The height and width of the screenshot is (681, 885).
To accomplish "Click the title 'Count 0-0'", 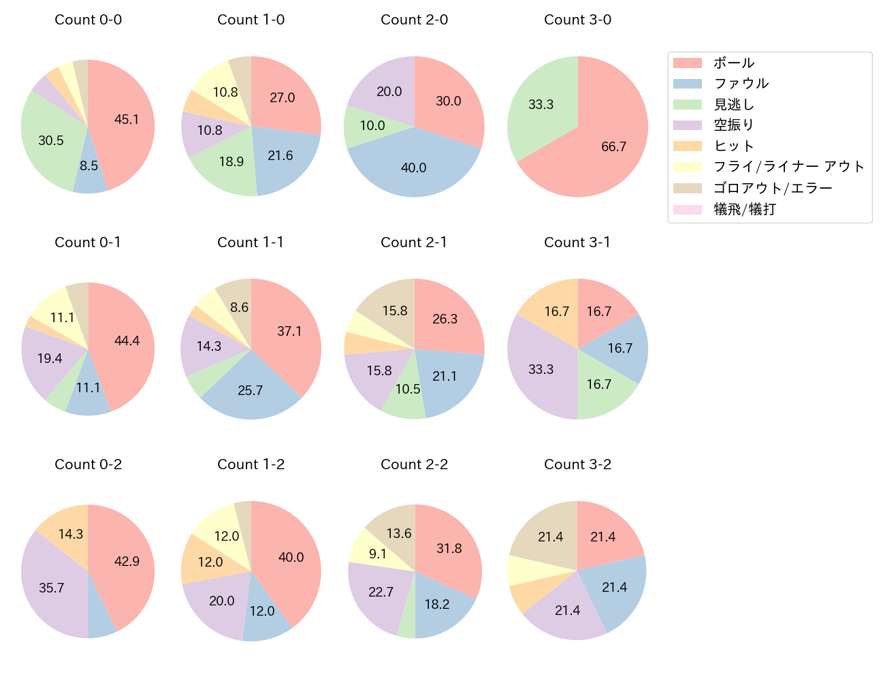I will [88, 20].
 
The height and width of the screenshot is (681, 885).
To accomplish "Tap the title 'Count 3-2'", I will [577, 464].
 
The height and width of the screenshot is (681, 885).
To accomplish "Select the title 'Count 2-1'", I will [414, 242].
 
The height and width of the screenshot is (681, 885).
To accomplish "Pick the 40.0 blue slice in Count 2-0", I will [414, 167].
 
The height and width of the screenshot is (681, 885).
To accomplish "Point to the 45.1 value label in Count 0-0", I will [127, 119].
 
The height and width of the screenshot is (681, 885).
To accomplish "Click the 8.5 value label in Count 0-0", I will [89, 165].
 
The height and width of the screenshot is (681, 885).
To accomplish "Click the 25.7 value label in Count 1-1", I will [251, 390].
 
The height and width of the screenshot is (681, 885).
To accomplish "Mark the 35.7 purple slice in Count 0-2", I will [52, 587].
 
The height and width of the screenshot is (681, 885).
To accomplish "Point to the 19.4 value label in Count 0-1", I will [50, 358].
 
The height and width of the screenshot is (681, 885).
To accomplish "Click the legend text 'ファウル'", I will [741, 84].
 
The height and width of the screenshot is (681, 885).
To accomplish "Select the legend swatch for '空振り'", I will [687, 125].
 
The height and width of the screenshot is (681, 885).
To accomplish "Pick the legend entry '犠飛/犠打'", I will [744, 210].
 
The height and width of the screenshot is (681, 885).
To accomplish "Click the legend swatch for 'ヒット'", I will [687, 146].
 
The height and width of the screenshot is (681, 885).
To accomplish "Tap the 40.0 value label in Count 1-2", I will [291, 557].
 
